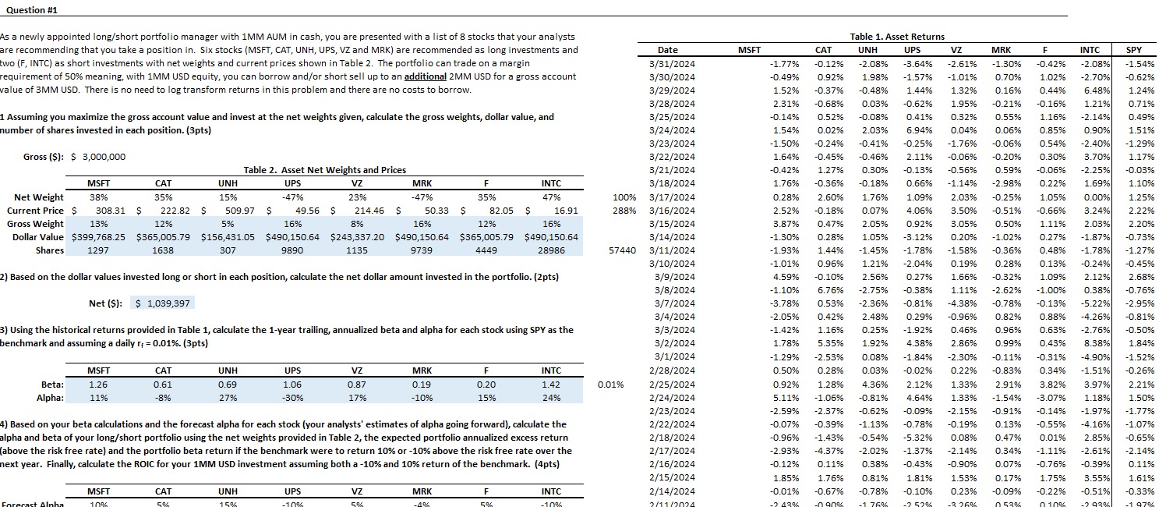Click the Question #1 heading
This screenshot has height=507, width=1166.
tap(29, 10)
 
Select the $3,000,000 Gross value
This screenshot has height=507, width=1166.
tap(98, 157)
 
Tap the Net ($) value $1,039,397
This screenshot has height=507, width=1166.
tap(163, 303)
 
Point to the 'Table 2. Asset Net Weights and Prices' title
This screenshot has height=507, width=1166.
tap(324, 170)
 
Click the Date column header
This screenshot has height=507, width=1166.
tap(673, 50)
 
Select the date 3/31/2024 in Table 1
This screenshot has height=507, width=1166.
tap(673, 63)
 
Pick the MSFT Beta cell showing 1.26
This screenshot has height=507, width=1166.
tap(99, 385)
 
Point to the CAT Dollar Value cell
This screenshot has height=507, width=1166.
tap(163, 237)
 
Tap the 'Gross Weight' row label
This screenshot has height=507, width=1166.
tap(35, 224)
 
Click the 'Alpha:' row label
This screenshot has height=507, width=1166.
tap(50, 398)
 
